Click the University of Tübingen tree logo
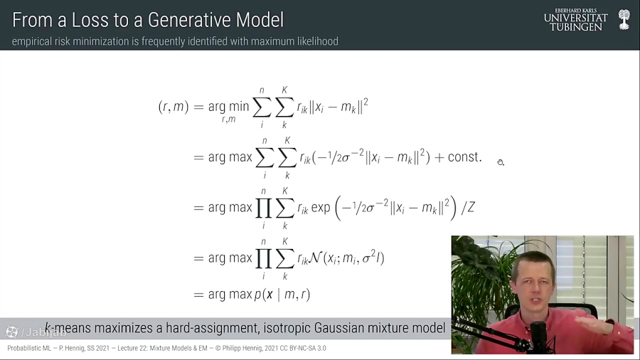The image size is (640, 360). click(624, 19)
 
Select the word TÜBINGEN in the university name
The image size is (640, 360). click(576, 26)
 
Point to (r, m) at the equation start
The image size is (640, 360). click(173, 107)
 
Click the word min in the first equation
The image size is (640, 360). click(239, 107)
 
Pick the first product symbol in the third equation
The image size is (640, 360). click(264, 208)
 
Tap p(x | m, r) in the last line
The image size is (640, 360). click(282, 295)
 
